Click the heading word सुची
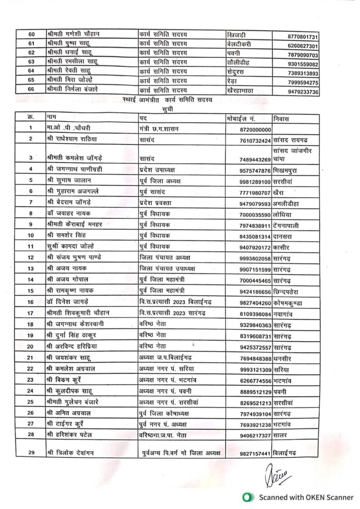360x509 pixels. (169, 108)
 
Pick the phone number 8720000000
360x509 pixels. (252, 129)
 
